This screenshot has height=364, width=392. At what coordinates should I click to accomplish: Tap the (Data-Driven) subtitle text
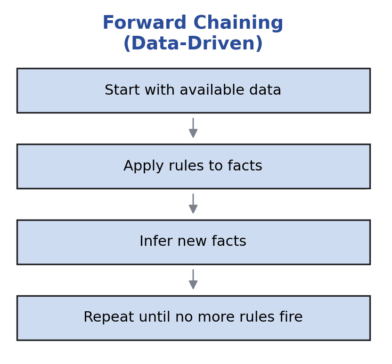pos(193,44)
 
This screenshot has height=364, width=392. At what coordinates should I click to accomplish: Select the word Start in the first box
pos(120,90)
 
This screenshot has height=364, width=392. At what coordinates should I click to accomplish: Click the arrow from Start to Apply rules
pos(193,128)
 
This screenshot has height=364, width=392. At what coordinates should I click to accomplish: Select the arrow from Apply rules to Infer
pos(193,204)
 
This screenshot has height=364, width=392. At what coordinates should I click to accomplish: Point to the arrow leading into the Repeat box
pos(193,280)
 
